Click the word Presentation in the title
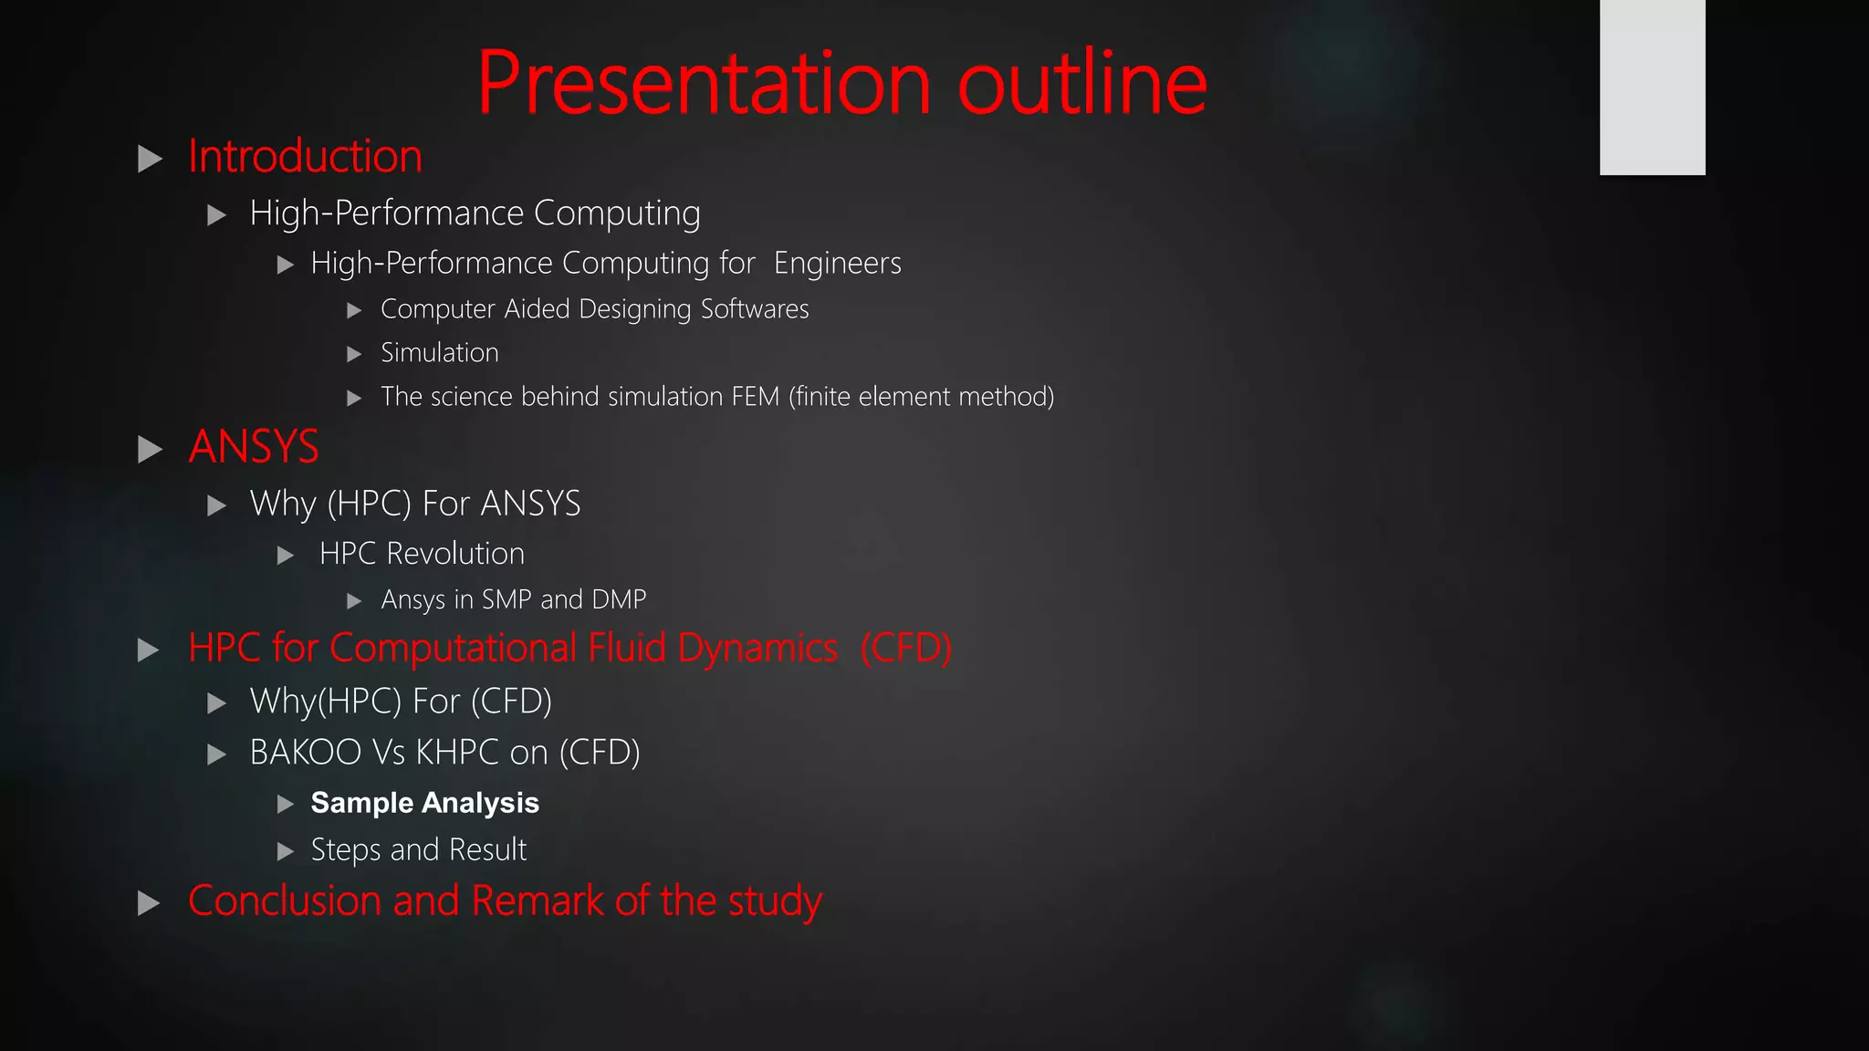click(703, 84)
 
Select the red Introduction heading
click(305, 157)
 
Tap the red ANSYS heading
click(254, 447)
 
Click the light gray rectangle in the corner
click(1652, 87)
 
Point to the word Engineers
click(837, 264)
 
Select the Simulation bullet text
click(439, 353)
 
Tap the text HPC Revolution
click(422, 554)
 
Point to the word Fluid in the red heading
click(627, 649)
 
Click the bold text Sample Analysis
click(424, 803)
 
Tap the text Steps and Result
click(418, 850)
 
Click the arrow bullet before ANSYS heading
click(150, 449)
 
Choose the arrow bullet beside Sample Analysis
click(286, 804)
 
